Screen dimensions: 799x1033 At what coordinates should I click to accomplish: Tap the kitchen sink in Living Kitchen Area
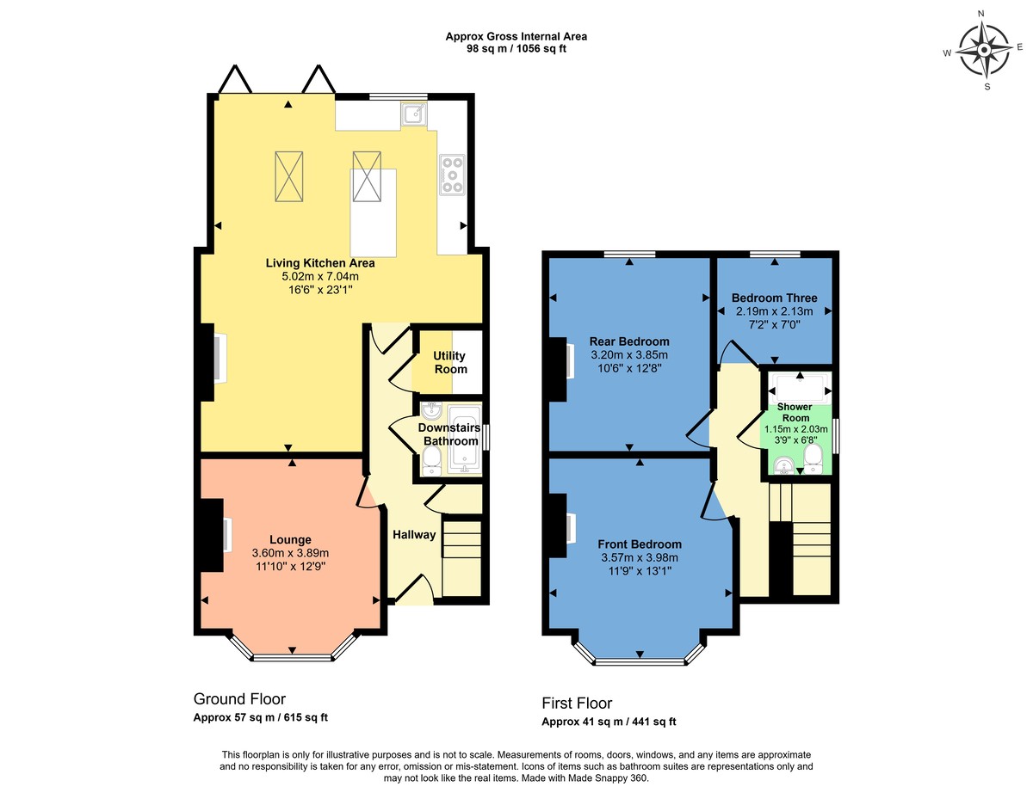click(412, 114)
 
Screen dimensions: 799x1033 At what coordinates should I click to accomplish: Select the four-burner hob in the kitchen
click(452, 175)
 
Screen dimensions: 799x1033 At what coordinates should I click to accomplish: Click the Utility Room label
click(450, 362)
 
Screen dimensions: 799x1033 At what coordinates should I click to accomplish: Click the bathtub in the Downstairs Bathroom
click(466, 439)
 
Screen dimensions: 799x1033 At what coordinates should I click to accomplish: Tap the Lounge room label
click(290, 539)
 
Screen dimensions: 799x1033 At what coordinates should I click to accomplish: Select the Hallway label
click(414, 534)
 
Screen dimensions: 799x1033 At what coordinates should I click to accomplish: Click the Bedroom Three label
click(774, 298)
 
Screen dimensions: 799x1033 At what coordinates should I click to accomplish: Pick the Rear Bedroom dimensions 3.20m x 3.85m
click(628, 354)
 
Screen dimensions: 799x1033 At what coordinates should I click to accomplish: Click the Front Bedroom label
click(640, 544)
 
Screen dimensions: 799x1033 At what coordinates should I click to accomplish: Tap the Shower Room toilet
click(814, 458)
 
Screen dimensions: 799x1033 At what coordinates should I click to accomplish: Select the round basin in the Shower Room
click(783, 465)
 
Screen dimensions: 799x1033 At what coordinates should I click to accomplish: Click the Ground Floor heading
click(239, 698)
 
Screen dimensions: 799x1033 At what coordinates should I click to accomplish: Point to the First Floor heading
click(577, 703)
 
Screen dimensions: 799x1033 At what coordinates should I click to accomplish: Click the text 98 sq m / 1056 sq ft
click(516, 49)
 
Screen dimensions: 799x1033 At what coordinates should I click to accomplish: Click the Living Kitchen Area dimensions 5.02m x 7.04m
click(320, 277)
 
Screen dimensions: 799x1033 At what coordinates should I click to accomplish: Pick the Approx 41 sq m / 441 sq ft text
click(615, 722)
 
